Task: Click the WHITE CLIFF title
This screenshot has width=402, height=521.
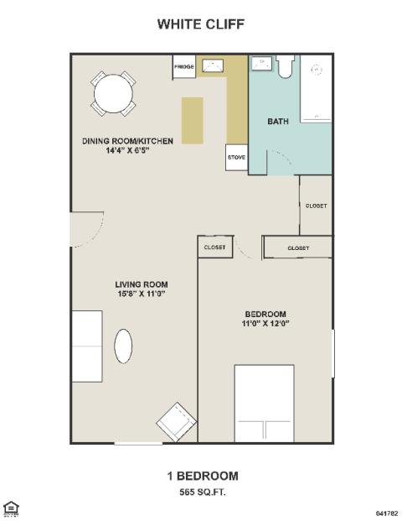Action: pyautogui.click(x=201, y=24)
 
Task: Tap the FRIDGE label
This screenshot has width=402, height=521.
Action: pyautogui.click(x=184, y=67)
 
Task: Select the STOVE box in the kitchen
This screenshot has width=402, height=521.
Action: pyautogui.click(x=236, y=158)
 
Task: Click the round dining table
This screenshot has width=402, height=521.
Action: pyautogui.click(x=113, y=94)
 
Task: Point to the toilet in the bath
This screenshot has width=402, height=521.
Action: pyautogui.click(x=285, y=66)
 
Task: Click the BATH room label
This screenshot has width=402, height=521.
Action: pyautogui.click(x=278, y=122)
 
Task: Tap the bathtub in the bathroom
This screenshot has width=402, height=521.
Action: pyautogui.click(x=316, y=88)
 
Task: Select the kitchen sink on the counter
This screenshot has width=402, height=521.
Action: pyautogui.click(x=213, y=65)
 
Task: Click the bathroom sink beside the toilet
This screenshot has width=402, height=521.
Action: pyautogui.click(x=261, y=64)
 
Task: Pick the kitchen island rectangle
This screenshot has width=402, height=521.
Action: pyautogui.click(x=193, y=121)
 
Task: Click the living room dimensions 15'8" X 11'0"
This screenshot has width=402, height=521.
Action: pyautogui.click(x=142, y=294)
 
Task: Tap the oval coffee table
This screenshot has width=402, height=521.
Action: pyautogui.click(x=123, y=346)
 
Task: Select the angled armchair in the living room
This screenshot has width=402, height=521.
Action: pyautogui.click(x=177, y=422)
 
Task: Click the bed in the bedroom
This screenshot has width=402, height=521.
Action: pyautogui.click(x=265, y=404)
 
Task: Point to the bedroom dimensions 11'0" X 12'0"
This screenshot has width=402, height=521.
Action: pyautogui.click(x=265, y=323)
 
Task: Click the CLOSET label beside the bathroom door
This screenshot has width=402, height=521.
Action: pyautogui.click(x=316, y=206)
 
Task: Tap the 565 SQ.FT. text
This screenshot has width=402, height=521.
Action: pyautogui.click(x=203, y=492)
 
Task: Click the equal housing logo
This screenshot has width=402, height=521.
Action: pyautogui.click(x=11, y=509)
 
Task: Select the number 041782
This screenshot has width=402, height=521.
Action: pyautogui.click(x=387, y=513)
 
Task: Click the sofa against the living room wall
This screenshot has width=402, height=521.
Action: pyautogui.click(x=87, y=346)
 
